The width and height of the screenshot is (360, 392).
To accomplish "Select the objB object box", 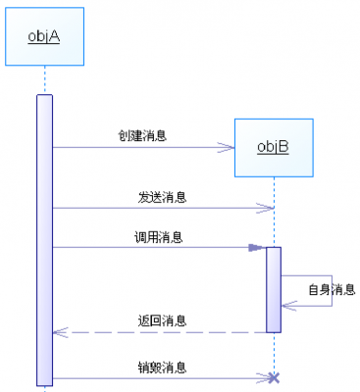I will click(274, 147).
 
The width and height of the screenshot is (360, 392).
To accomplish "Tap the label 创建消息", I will click(142, 135).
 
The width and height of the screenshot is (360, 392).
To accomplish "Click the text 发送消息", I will click(162, 197).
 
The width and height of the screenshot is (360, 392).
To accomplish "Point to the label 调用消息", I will click(158, 236).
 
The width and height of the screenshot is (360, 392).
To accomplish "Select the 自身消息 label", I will click(332, 289).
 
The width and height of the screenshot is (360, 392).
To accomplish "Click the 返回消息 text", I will click(163, 320).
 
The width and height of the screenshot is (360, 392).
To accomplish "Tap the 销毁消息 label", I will click(162, 367).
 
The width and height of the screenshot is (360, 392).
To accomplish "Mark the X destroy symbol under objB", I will click(274, 377).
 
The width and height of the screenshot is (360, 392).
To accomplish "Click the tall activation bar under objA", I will click(45, 240).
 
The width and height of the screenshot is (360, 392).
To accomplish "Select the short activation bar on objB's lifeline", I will click(274, 289).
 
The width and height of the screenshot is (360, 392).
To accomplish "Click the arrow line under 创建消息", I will click(142, 148).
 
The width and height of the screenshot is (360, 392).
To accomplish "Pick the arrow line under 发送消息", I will click(162, 208).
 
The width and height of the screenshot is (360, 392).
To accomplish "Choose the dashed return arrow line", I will click(162, 332).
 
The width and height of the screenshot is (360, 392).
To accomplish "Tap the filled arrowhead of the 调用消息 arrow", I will click(257, 247).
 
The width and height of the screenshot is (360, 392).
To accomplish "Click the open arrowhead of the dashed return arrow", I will click(59, 332).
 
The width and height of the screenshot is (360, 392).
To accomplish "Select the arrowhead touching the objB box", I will click(228, 148).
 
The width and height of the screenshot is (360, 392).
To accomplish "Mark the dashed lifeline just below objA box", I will click(45, 80).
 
